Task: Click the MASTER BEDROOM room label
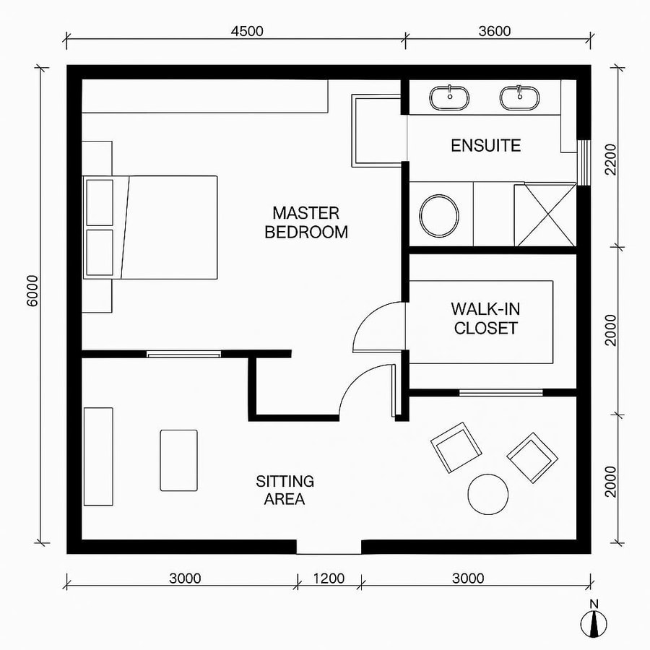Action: tap(305, 222)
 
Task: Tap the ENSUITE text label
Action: tap(485, 145)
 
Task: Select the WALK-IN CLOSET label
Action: tap(485, 318)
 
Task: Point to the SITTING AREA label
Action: tap(285, 490)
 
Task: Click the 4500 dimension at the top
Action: tap(246, 31)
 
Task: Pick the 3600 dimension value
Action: tap(494, 31)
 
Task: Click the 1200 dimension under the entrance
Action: tap(329, 578)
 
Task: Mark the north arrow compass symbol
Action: tap(594, 622)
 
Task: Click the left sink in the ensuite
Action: tap(450, 97)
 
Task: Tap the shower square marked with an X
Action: tap(550, 214)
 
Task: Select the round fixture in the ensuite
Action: tap(439, 215)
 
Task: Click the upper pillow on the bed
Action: tap(100, 202)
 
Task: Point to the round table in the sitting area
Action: tap(490, 494)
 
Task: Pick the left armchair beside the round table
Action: tap(456, 446)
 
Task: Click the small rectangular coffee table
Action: tap(178, 460)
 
